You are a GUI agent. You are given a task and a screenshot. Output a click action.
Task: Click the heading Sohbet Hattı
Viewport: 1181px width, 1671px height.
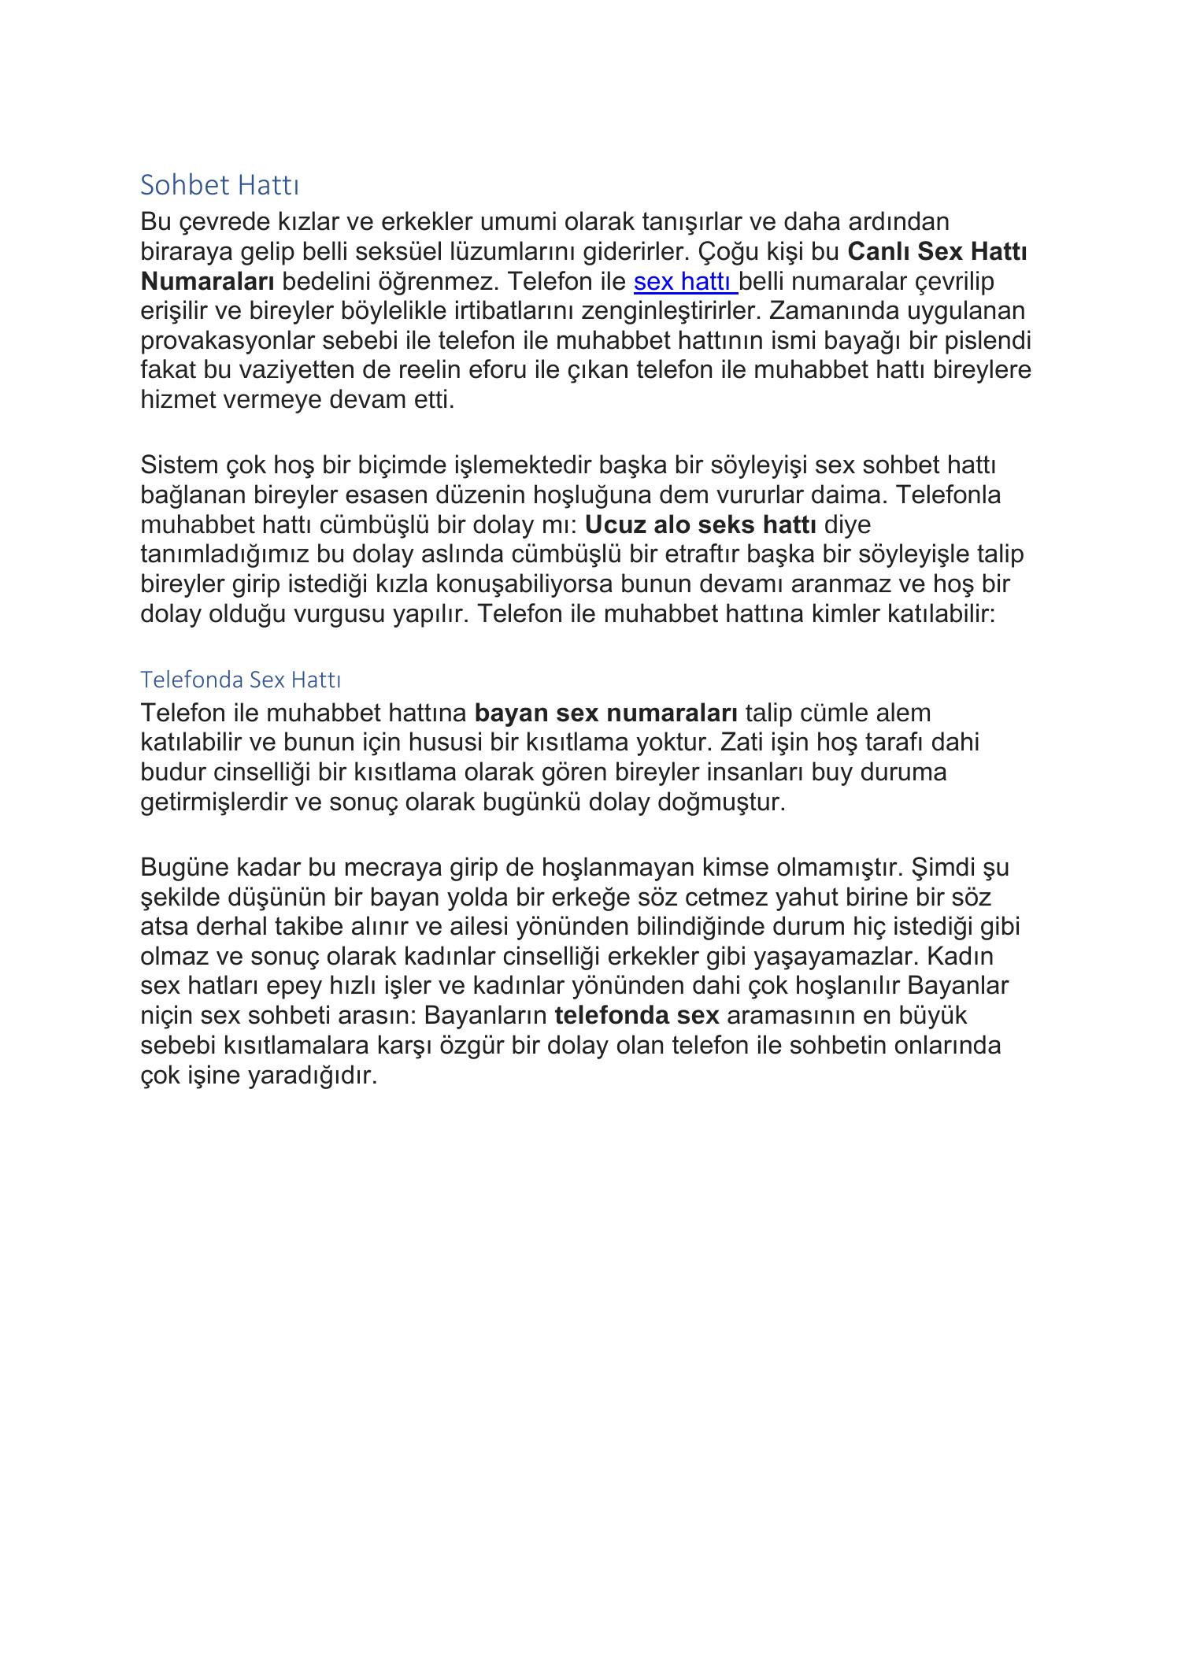[220, 186]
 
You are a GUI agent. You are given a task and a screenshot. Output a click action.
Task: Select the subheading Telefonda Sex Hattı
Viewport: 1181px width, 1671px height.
[240, 679]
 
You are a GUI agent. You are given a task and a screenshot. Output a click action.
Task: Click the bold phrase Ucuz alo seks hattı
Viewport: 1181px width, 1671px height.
[701, 524]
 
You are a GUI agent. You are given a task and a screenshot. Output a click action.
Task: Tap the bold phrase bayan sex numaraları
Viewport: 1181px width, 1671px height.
[605, 713]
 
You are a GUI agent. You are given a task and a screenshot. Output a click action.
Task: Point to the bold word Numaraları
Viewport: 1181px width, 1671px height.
[207, 281]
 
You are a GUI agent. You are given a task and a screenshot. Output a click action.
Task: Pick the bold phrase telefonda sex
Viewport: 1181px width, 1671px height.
[636, 1015]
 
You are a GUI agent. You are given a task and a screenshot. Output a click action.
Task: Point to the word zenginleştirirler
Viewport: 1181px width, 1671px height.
[672, 311]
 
